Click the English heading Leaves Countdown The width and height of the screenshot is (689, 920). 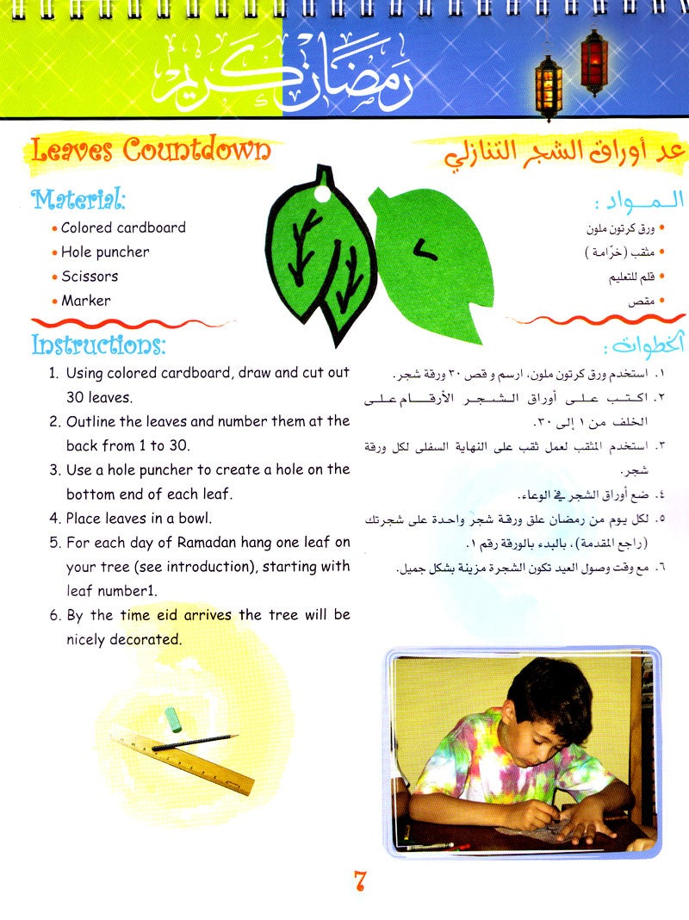[x=151, y=151]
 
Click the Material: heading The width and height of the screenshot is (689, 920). [x=79, y=200]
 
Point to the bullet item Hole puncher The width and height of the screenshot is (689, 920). [x=104, y=252]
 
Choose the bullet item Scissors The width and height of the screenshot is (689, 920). [x=90, y=277]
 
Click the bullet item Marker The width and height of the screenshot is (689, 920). [x=85, y=301]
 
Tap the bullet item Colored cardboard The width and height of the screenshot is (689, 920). [x=122, y=228]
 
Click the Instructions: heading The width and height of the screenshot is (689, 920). [x=98, y=346]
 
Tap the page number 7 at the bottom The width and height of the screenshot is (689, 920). [x=360, y=882]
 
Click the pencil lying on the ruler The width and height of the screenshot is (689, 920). [x=194, y=743]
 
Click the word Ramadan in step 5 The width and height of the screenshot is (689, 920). [x=199, y=543]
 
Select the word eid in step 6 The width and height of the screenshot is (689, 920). [x=220, y=615]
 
